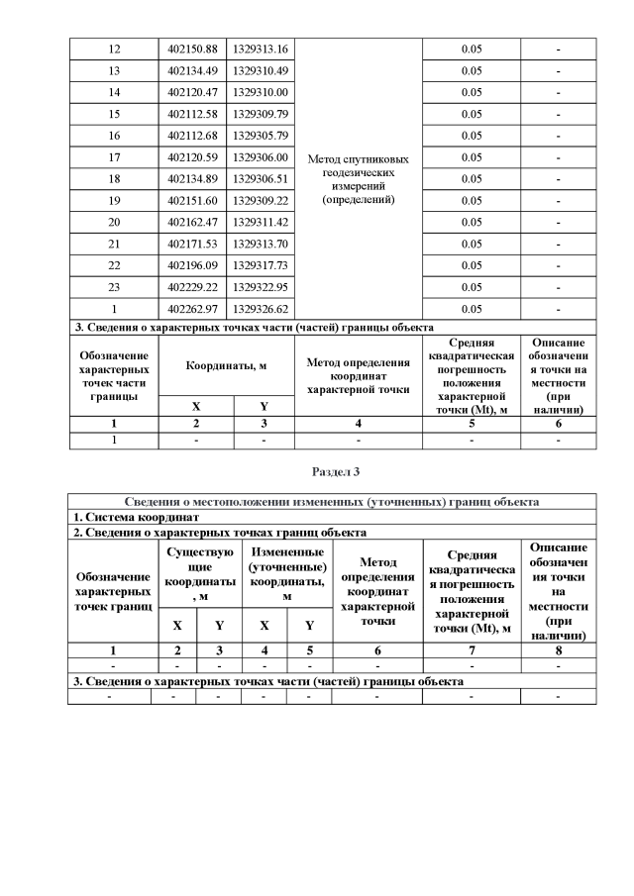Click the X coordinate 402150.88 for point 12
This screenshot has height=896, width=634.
[193, 50]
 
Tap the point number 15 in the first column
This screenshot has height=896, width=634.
[114, 114]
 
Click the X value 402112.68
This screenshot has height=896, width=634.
[193, 136]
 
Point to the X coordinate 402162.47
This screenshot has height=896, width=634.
[193, 222]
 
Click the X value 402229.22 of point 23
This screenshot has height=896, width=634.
[193, 286]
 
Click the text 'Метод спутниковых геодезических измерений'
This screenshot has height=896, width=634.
[360, 178]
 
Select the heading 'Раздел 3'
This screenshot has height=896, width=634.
[332, 471]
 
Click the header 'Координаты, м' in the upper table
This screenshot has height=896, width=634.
[227, 365]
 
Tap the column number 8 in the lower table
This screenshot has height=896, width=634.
[559, 650]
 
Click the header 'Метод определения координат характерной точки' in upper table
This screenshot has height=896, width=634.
[360, 376]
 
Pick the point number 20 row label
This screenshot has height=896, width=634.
[114, 222]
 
